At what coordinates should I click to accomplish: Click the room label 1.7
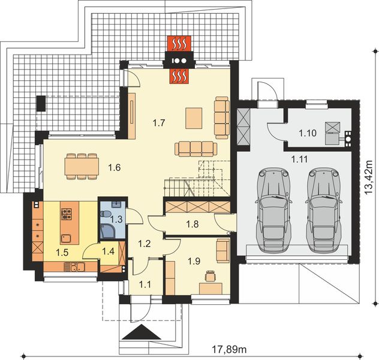[x=158, y=123]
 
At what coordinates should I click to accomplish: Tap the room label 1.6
[x=115, y=167]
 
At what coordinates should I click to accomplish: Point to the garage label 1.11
[x=300, y=159]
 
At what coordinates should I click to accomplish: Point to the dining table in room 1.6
[x=82, y=166]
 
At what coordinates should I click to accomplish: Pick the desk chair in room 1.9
[x=209, y=275]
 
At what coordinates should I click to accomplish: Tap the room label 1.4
[x=108, y=251]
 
